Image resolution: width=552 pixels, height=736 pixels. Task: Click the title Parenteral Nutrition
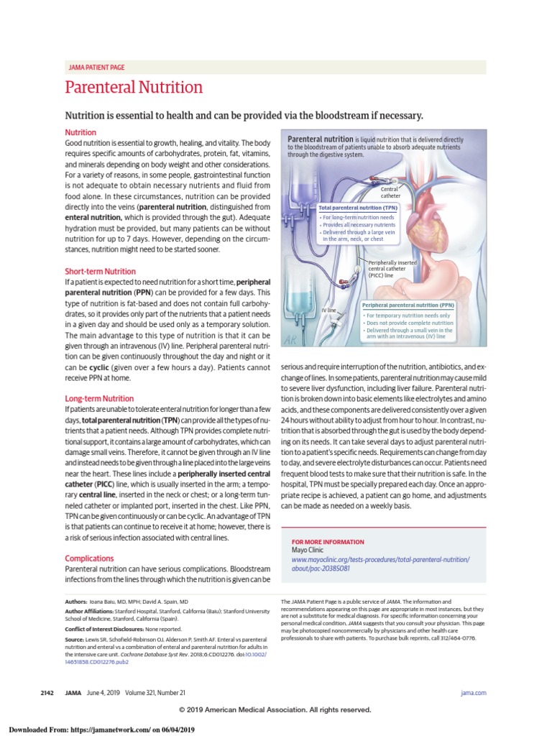(x=134, y=88)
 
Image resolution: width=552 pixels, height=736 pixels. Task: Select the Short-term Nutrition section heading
(x=100, y=272)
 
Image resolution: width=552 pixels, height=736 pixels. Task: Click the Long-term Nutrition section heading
(x=99, y=398)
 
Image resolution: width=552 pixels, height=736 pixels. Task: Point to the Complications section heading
(x=89, y=558)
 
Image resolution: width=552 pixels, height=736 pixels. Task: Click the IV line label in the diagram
(x=328, y=310)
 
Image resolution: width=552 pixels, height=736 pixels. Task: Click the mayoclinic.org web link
(x=380, y=563)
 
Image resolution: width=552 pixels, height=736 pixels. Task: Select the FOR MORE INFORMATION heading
(x=327, y=542)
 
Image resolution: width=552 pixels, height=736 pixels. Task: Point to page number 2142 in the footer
(x=48, y=692)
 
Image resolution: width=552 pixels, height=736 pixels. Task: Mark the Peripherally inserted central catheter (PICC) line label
(x=392, y=269)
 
